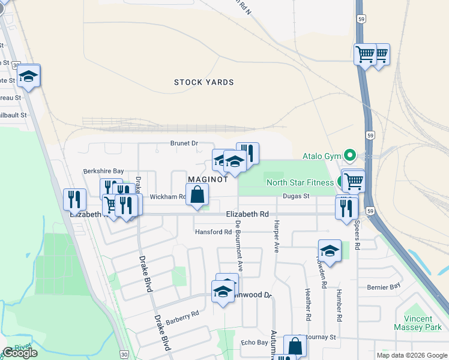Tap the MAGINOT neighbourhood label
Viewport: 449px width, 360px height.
[x=208, y=179]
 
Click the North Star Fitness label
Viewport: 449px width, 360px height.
[x=300, y=182]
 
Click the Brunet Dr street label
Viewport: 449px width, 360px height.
[x=184, y=143]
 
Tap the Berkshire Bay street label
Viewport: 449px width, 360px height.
[x=103, y=171]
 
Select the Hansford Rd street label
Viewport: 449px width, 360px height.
[x=213, y=232]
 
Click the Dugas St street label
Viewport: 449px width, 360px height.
[x=296, y=196]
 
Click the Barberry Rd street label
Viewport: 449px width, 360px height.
[x=182, y=316]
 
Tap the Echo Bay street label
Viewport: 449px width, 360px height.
[x=253, y=342]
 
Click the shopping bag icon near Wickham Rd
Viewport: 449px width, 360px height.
[x=197, y=194]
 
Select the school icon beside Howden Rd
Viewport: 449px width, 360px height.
[x=329, y=250]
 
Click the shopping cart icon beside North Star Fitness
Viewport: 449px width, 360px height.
[x=353, y=180]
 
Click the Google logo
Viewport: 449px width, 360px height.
[x=20, y=353]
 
